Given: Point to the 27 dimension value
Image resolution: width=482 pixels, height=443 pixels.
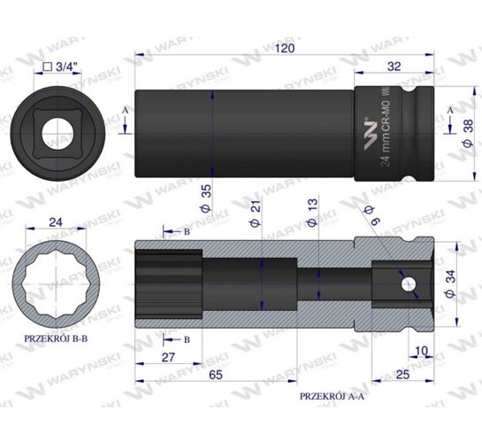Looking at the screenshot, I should click(169, 358).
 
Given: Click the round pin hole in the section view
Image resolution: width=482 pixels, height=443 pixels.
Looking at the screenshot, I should click(406, 286).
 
